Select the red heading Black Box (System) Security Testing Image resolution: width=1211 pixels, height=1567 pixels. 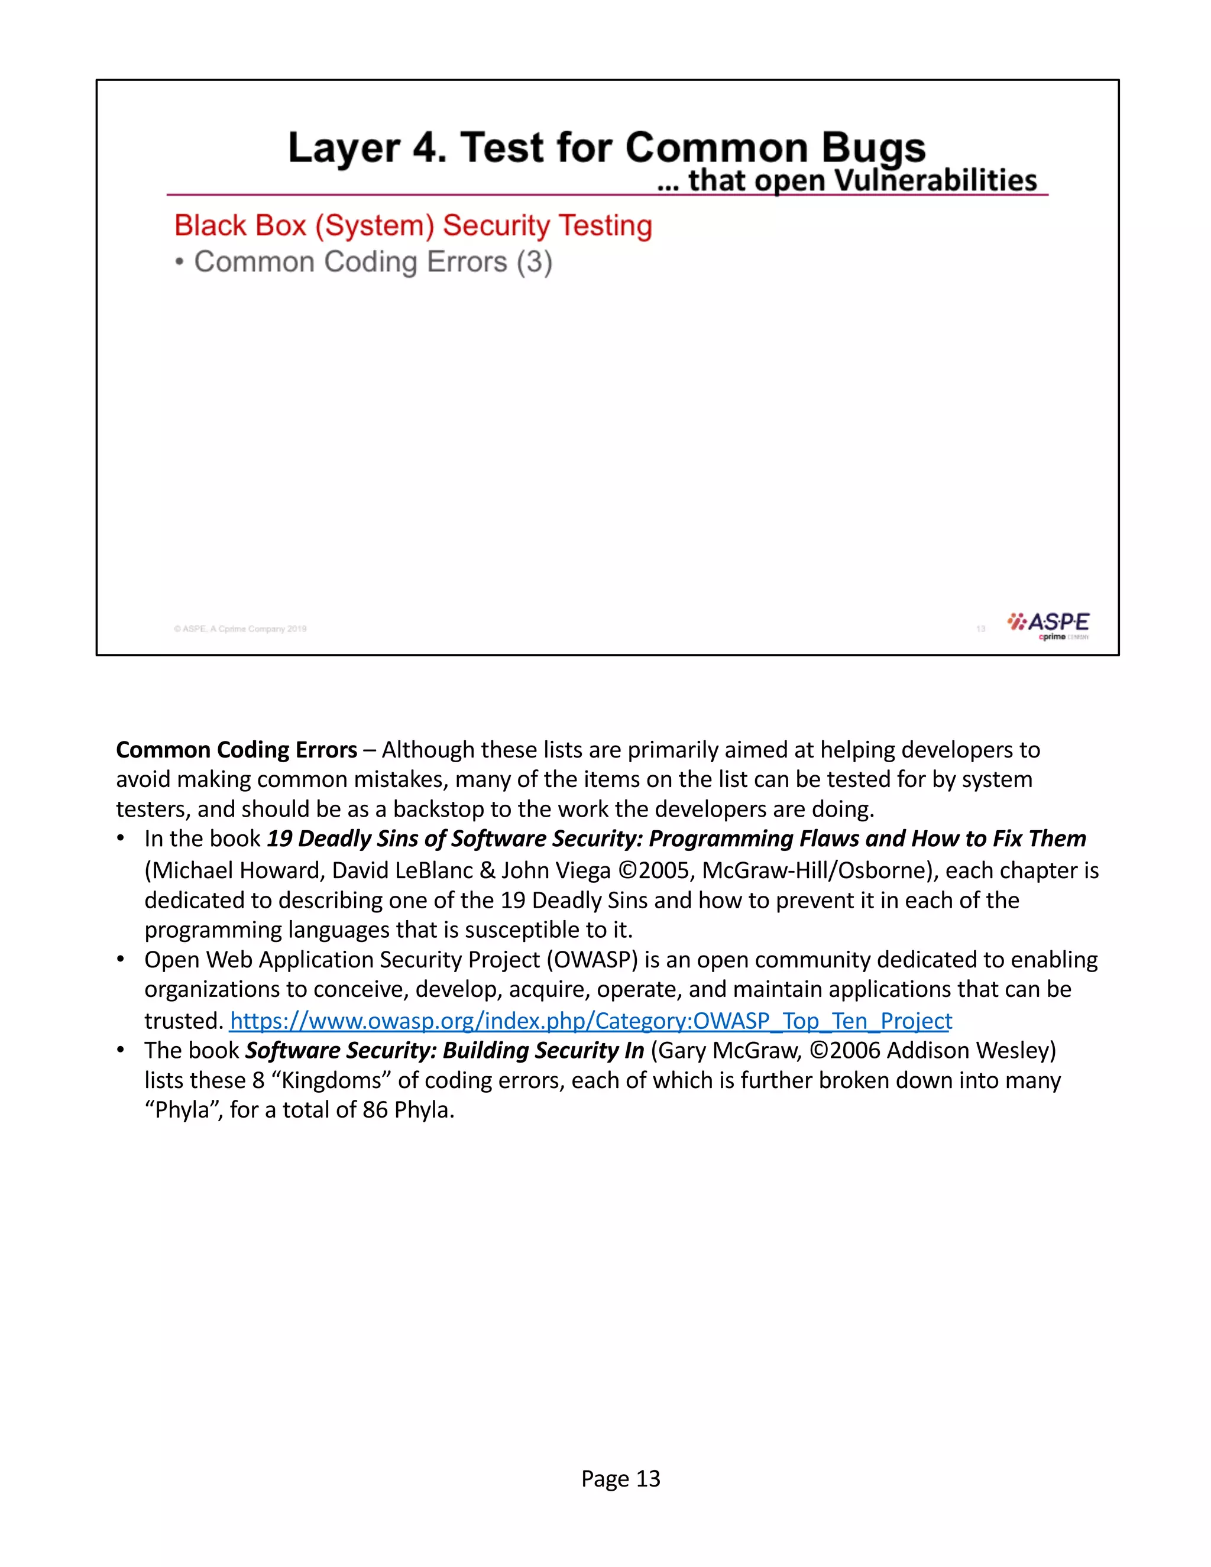(413, 225)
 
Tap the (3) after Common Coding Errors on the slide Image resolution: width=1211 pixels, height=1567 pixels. (535, 262)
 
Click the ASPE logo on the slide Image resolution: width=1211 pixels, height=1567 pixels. (1048, 624)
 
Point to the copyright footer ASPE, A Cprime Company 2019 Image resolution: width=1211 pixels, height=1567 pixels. (240, 629)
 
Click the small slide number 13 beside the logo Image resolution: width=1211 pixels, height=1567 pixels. (980, 629)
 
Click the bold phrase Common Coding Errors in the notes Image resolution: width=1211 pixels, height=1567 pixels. (237, 750)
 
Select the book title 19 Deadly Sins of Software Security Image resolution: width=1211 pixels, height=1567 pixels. (454, 838)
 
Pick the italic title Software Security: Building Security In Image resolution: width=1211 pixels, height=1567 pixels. (445, 1050)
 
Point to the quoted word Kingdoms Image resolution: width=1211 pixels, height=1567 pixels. (332, 1080)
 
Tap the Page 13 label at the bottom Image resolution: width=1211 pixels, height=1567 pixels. (620, 1478)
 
